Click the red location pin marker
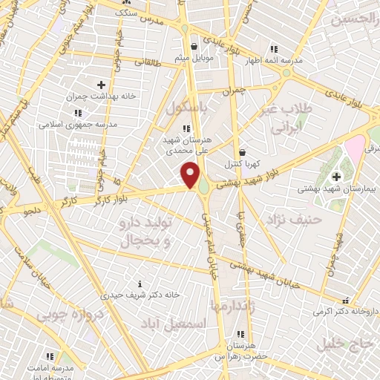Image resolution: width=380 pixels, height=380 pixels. [x=191, y=175]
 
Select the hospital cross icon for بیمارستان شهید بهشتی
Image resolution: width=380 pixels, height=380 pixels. [x=335, y=176]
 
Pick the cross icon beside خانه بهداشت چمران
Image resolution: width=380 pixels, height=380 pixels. [x=102, y=85]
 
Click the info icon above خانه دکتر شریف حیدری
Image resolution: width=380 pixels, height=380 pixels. [x=141, y=283]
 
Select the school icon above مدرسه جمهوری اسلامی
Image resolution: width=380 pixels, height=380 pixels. [x=78, y=113]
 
